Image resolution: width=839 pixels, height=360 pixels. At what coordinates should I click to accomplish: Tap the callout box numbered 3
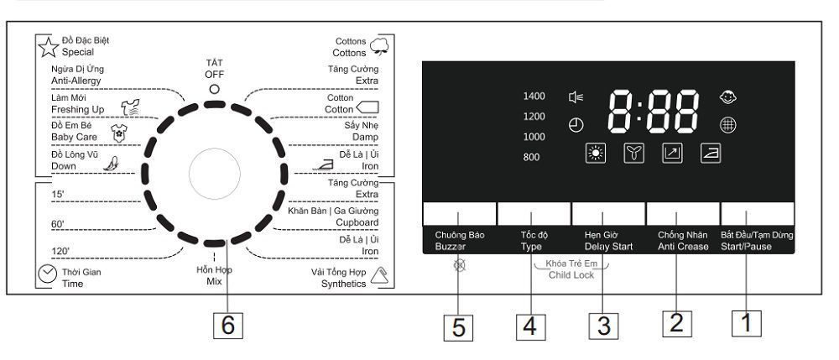(602, 325)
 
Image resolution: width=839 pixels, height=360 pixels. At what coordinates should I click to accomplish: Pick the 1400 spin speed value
(534, 97)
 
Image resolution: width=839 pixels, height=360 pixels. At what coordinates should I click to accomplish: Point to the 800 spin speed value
(531, 157)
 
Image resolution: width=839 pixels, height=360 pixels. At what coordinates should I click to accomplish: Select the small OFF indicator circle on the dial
(215, 88)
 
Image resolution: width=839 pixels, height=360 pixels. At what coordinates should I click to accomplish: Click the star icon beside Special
(50, 46)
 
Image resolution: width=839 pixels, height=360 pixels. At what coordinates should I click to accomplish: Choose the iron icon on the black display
(711, 153)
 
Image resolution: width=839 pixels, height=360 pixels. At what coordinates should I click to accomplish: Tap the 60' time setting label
(58, 225)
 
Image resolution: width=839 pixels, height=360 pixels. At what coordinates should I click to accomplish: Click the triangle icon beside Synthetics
(378, 274)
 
